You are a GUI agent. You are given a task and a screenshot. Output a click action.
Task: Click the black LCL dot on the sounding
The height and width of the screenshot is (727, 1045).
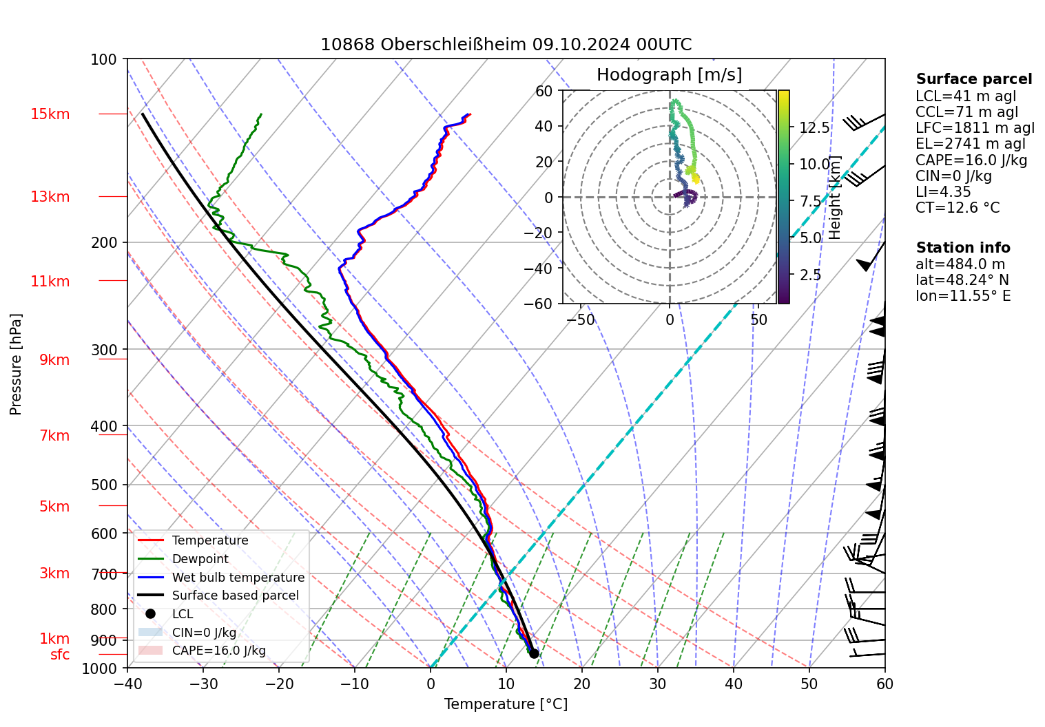pos(534,653)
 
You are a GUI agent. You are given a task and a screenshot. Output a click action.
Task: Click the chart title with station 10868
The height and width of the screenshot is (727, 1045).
pos(506,45)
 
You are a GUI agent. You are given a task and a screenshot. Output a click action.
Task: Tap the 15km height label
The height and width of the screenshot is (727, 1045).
pos(50,114)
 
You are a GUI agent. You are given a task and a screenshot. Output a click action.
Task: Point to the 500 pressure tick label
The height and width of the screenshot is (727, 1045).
pos(104,485)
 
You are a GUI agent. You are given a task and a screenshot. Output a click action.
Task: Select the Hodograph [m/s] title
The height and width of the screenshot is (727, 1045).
pos(669,75)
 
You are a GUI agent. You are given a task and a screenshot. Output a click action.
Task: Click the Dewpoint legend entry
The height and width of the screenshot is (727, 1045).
pos(200,559)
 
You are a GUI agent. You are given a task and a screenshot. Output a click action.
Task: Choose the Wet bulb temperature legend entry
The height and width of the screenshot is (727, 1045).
pos(238,578)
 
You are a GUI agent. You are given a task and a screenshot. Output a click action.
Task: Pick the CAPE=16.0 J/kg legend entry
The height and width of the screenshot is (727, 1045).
pos(218,651)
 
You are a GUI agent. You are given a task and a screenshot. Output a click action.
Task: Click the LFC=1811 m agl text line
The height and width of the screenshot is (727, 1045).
pos(975,128)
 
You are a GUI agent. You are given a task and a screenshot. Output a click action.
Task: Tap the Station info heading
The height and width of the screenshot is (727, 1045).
pos(962,248)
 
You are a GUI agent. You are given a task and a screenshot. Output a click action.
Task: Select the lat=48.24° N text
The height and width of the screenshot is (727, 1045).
pos(962,280)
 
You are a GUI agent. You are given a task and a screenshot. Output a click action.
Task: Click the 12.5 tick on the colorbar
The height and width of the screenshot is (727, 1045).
pos(814,128)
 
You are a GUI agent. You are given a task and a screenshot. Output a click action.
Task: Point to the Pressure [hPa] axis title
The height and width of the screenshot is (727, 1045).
pos(16,364)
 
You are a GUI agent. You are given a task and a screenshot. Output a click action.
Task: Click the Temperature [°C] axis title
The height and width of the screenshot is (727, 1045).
pos(506,704)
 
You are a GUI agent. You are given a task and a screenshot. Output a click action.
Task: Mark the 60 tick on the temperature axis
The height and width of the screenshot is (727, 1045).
pos(884,684)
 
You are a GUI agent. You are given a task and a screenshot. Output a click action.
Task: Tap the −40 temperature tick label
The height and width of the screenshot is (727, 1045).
pos(127,684)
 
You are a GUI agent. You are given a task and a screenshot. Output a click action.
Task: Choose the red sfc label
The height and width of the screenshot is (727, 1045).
pos(60,655)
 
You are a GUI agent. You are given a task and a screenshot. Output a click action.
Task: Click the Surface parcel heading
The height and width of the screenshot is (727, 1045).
pos(973,79)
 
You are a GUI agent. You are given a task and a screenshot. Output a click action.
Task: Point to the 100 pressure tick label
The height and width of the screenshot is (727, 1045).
pos(104,60)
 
